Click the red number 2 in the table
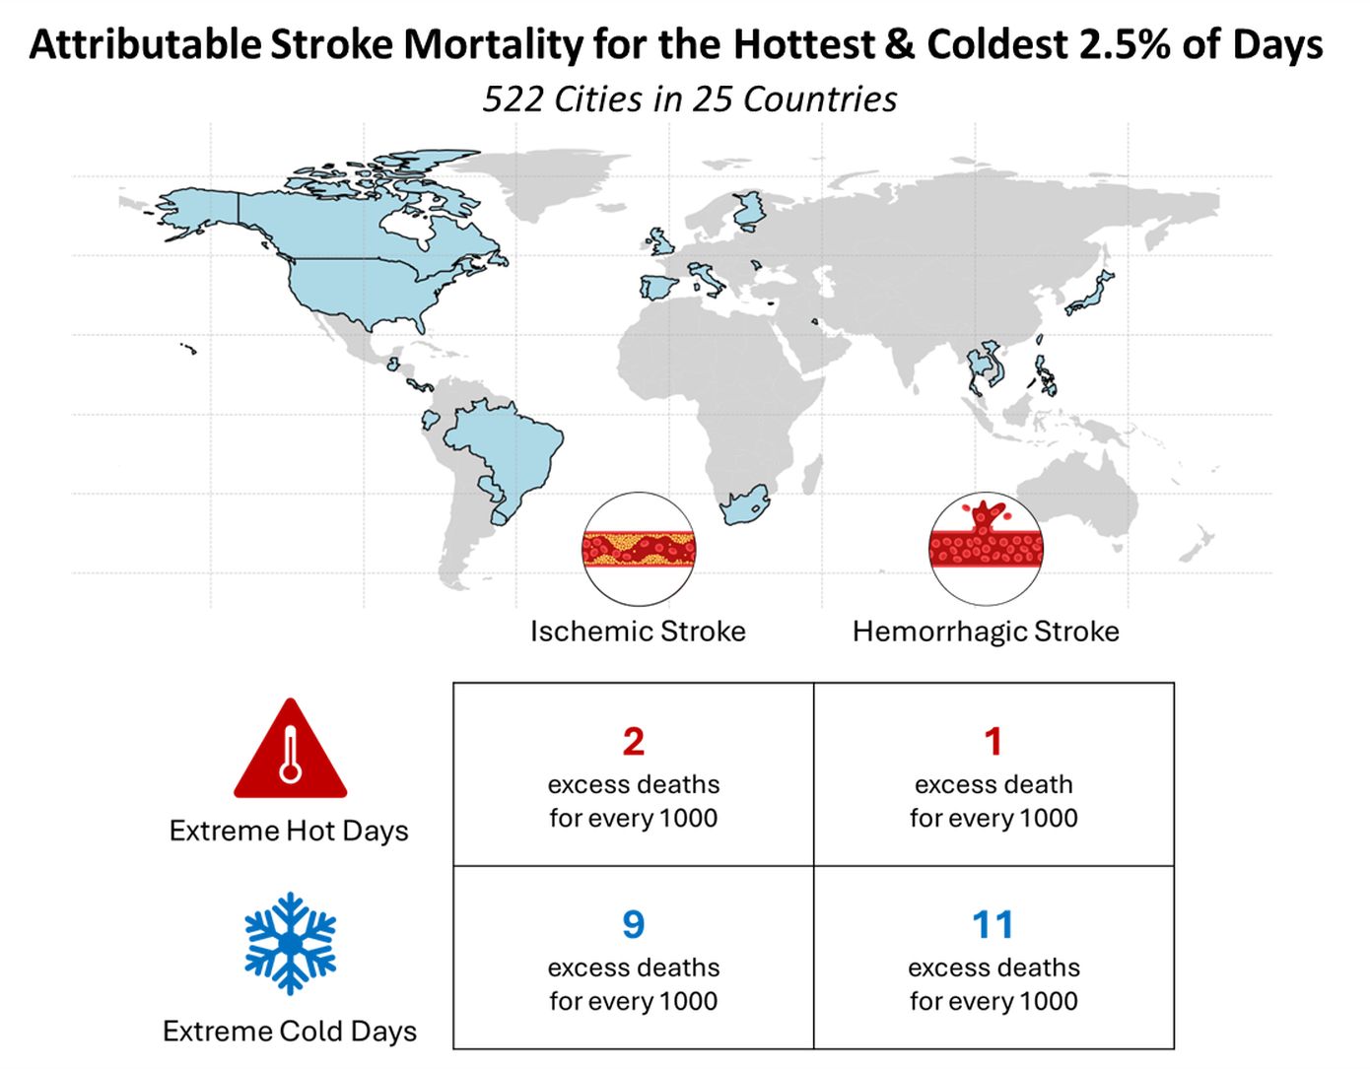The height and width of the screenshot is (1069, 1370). [633, 742]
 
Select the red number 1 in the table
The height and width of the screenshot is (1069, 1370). [993, 742]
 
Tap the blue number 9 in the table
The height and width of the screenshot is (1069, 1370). [633, 924]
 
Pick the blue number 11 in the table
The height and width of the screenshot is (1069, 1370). [993, 924]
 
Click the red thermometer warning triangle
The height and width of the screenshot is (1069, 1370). [290, 749]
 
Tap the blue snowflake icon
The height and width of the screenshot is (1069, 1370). [290, 943]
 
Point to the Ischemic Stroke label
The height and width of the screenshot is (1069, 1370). [638, 632]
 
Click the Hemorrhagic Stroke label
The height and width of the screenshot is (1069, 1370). [986, 632]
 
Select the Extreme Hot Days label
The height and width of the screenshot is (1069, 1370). [289, 831]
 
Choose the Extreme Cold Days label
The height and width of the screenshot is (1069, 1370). [290, 1032]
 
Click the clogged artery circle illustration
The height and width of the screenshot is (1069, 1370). [638, 549]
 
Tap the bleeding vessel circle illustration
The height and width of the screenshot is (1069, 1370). [986, 549]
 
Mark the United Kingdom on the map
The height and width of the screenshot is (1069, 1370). [659, 241]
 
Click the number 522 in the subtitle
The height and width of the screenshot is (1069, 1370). [512, 100]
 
